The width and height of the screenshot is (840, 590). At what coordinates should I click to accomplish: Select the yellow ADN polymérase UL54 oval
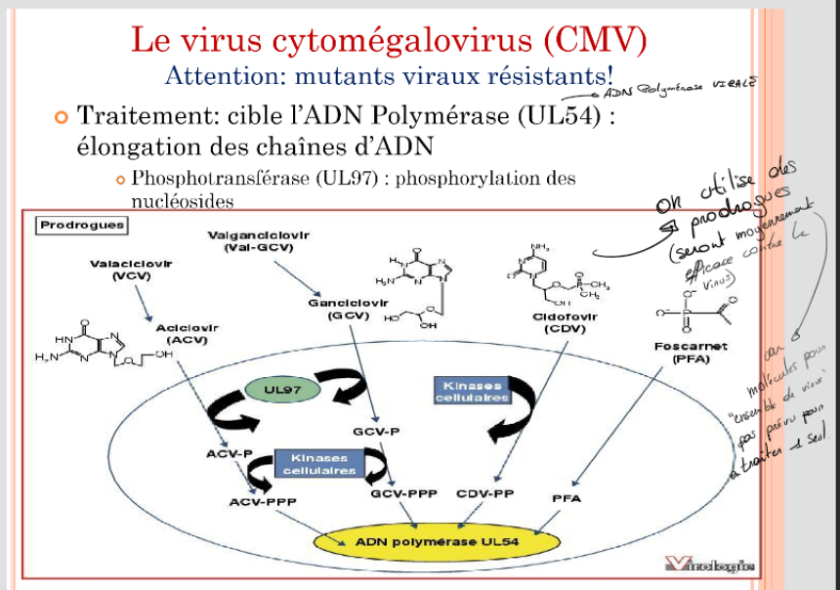(x=436, y=541)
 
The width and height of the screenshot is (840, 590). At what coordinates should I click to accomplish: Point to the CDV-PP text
(x=485, y=494)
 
